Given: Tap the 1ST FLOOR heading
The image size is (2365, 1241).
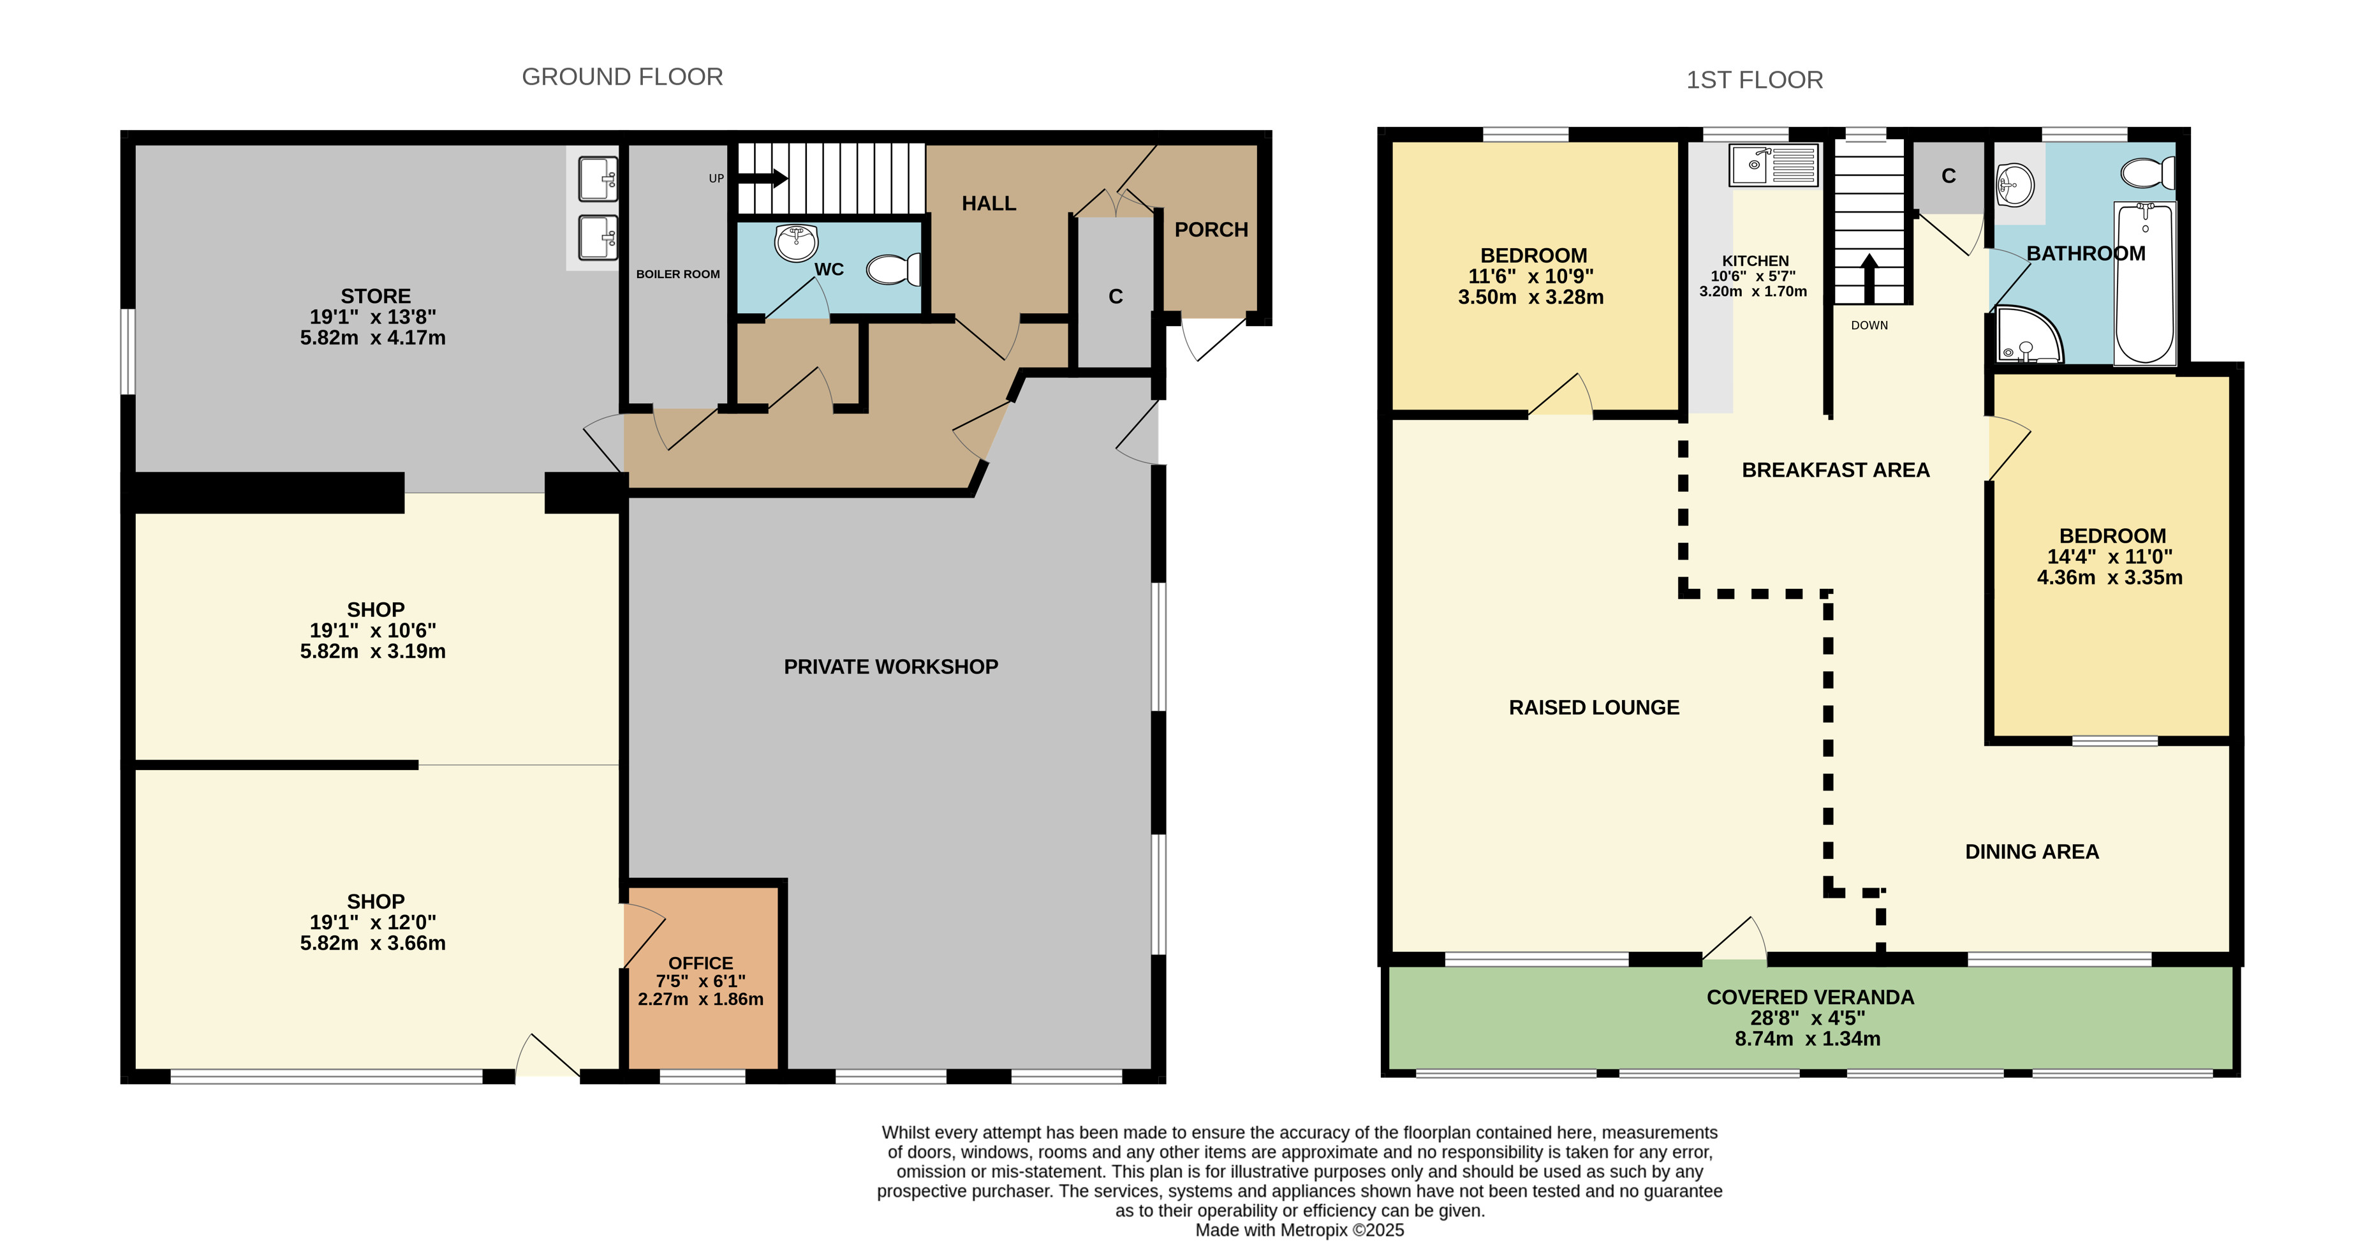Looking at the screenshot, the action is tap(1755, 80).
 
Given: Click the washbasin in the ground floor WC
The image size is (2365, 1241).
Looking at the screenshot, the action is tap(796, 242).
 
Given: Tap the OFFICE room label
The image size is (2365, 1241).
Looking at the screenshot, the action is tap(700, 963).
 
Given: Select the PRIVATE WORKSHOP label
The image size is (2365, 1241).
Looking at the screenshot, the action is tap(890, 667).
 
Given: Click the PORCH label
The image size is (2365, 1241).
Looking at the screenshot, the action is tap(1211, 230).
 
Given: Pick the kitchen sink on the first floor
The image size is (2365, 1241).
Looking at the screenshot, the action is tap(1773, 165).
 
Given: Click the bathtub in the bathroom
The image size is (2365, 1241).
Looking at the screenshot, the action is tap(2145, 283).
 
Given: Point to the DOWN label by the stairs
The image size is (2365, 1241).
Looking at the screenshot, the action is tap(1869, 325).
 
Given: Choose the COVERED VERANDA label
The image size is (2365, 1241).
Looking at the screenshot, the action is tap(1809, 997).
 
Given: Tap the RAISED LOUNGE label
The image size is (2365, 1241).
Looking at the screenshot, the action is tap(1594, 708).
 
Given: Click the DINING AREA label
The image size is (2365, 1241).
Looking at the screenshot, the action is tap(2031, 852).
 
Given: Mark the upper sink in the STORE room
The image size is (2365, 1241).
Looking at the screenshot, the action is tap(598, 179).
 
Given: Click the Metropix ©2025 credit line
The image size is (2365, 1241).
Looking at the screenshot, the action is tap(1299, 1230).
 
